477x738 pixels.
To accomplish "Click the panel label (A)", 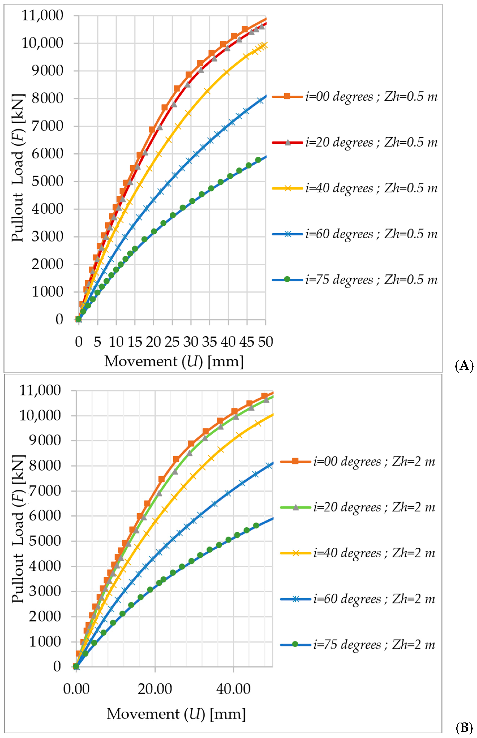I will (x=464, y=366).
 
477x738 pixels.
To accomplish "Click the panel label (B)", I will (x=464, y=727).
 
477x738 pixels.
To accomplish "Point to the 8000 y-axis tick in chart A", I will (x=47, y=98).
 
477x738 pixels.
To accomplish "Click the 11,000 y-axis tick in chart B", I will (x=40, y=391).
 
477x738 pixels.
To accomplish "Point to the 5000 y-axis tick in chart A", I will (x=47, y=182).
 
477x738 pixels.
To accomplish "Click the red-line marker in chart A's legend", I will (x=287, y=143).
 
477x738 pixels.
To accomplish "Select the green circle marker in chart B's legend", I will (x=295, y=644).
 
